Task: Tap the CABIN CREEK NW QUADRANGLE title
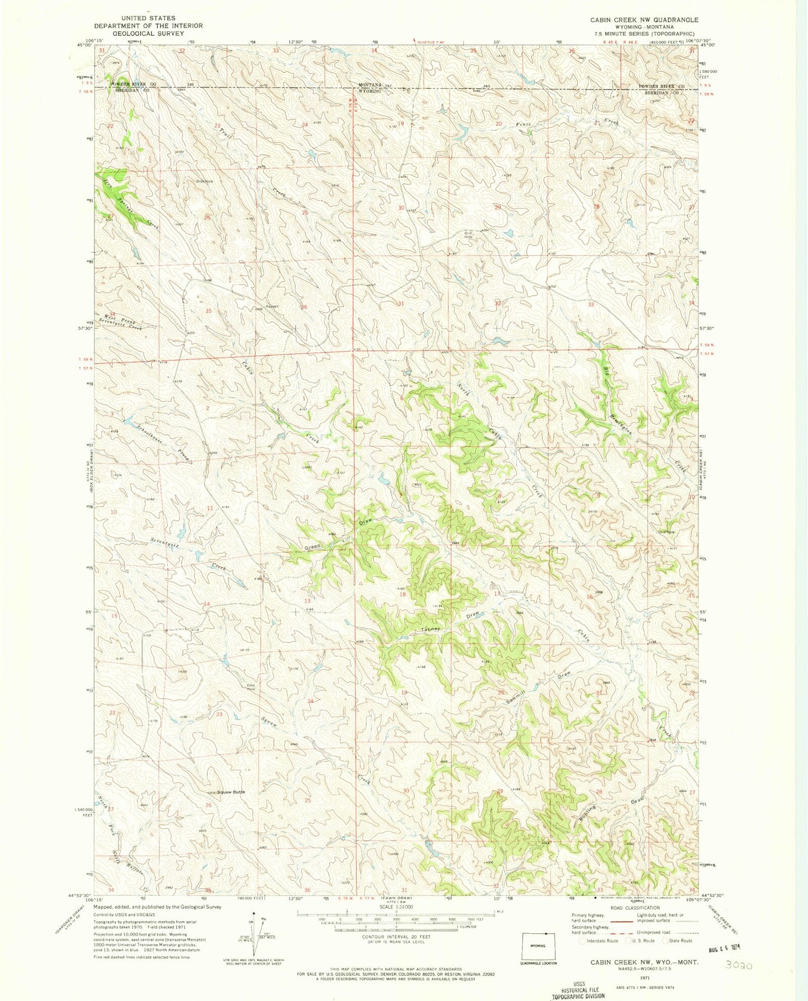point(636,20)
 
